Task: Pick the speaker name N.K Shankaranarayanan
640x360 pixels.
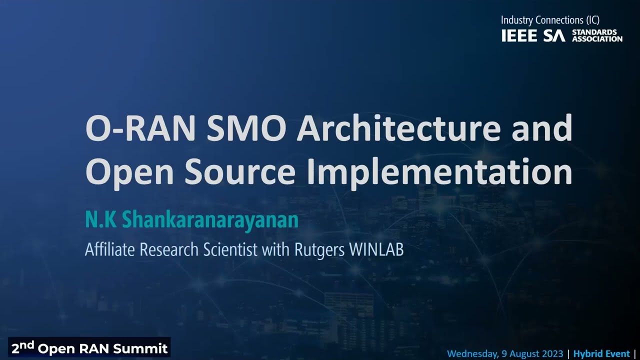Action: pos(191,220)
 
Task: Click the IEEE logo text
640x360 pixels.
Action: pos(519,36)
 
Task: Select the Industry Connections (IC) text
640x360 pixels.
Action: pos(550,20)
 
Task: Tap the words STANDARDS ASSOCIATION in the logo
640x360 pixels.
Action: pos(597,35)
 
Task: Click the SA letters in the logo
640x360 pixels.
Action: pos(554,36)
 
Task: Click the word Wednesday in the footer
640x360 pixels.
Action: pos(471,354)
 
